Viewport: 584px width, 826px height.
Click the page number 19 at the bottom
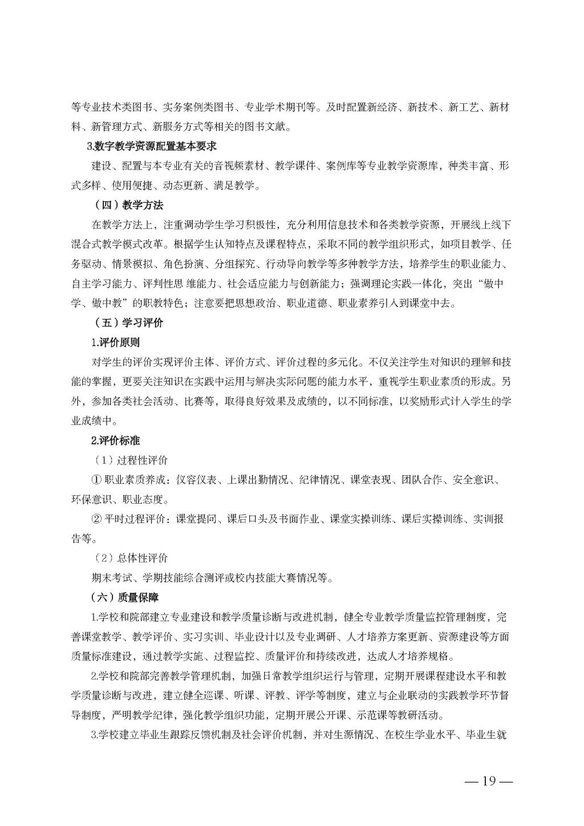pyautogui.click(x=490, y=781)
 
